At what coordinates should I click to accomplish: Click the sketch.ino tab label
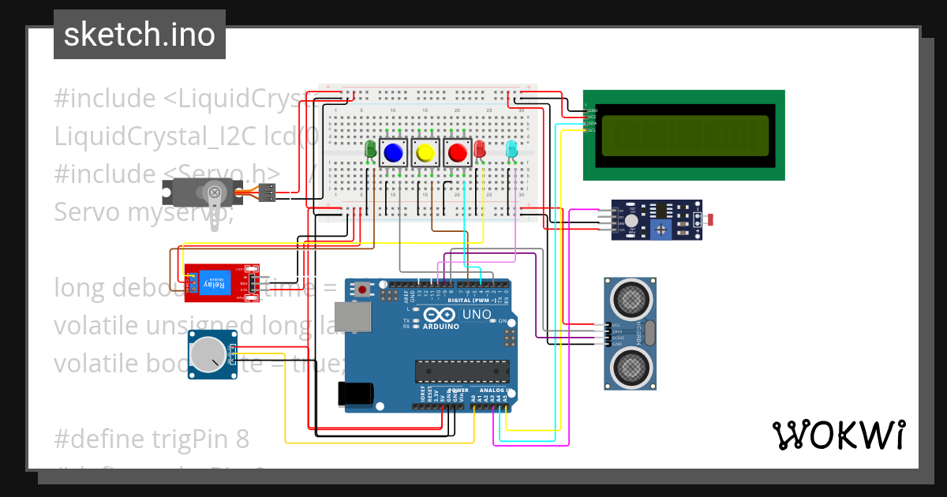(x=139, y=35)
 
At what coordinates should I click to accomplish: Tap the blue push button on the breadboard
(x=392, y=152)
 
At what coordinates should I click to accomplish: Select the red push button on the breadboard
(x=456, y=152)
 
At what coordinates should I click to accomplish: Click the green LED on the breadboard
(x=370, y=148)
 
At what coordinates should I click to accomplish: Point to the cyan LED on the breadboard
(x=511, y=148)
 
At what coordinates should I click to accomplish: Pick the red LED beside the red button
(x=479, y=149)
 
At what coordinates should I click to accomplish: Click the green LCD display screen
(x=684, y=135)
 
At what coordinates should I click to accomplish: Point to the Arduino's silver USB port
(x=350, y=317)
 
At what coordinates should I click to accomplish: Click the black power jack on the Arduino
(x=353, y=394)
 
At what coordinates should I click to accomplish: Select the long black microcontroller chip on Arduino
(x=462, y=371)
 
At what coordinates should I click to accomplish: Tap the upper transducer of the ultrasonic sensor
(x=630, y=298)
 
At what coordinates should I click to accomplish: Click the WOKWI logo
(x=838, y=435)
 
